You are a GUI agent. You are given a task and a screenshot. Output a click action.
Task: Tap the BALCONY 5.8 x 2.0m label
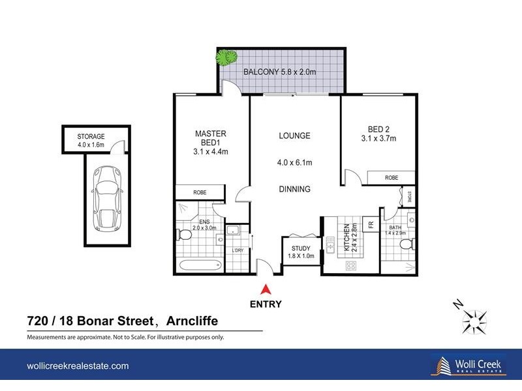click(x=279, y=72)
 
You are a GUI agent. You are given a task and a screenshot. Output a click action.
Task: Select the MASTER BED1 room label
click(x=211, y=143)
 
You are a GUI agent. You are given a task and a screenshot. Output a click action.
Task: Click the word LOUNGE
click(x=294, y=136)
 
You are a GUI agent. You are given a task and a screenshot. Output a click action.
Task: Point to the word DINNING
click(x=294, y=190)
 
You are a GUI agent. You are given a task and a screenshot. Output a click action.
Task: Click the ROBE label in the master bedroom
click(x=200, y=192)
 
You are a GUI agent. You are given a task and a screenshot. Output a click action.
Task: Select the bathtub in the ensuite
click(x=200, y=267)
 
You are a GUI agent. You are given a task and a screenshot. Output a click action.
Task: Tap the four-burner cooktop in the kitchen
click(x=350, y=265)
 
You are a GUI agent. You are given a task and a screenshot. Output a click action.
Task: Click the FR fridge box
click(x=371, y=225)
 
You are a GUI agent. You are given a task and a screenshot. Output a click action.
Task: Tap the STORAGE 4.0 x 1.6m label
click(x=91, y=140)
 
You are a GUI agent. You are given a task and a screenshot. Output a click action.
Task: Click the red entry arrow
click(x=266, y=291)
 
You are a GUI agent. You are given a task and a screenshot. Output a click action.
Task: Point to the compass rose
click(x=476, y=320)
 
